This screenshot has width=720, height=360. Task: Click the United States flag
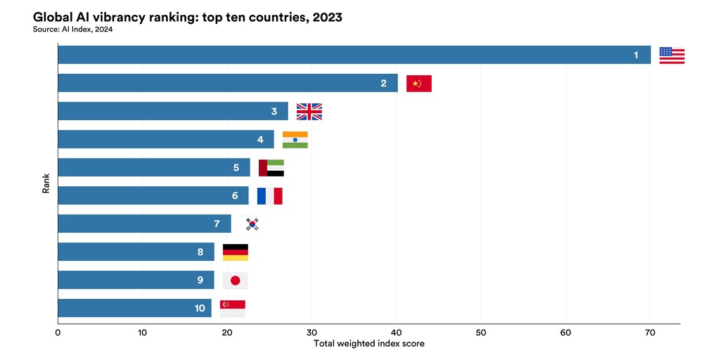(671, 56)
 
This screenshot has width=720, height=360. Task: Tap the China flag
(419, 84)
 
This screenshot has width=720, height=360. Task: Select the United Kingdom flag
(309, 111)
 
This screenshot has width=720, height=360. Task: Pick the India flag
(295, 139)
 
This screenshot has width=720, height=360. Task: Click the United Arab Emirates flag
(271, 167)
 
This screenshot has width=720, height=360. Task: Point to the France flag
(269, 195)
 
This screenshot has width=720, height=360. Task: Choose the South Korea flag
(252, 224)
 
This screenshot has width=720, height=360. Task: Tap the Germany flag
(235, 252)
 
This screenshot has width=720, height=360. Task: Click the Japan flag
(235, 280)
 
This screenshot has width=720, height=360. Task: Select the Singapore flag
(233, 308)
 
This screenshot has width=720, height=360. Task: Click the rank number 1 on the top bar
(636, 56)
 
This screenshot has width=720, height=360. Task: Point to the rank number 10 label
(200, 308)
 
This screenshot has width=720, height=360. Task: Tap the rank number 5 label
(236, 168)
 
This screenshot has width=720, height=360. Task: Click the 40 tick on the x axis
(397, 332)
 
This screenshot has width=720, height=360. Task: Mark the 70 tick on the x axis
(650, 332)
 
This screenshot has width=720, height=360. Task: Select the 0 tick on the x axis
(58, 332)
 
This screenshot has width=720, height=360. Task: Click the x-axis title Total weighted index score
(368, 344)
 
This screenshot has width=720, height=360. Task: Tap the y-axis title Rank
(46, 184)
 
